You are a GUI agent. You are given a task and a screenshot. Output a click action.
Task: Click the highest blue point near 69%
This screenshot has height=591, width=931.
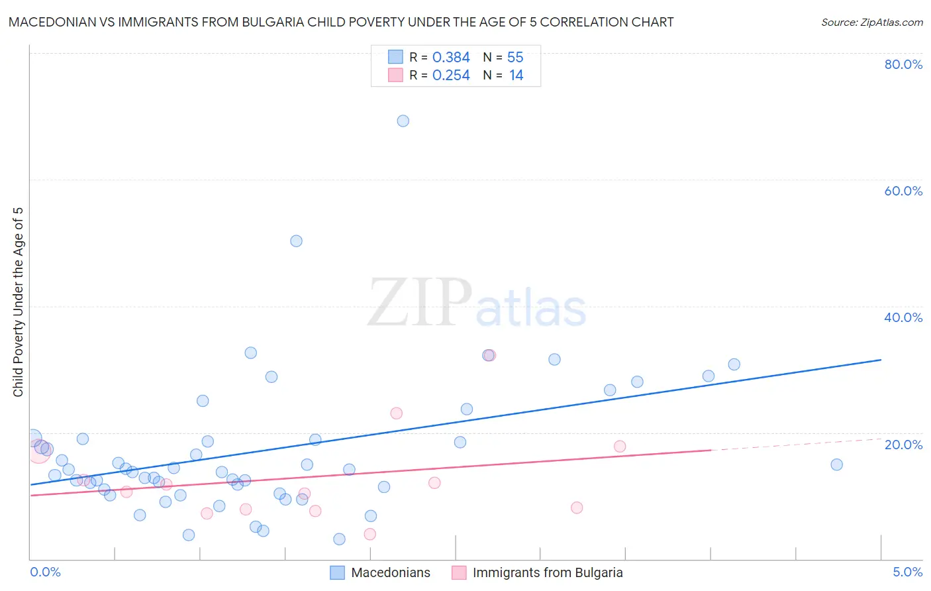(403, 121)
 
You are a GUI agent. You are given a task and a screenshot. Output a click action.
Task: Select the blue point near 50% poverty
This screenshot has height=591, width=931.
(296, 241)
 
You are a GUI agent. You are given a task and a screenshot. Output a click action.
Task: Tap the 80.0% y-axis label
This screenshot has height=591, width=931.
(903, 64)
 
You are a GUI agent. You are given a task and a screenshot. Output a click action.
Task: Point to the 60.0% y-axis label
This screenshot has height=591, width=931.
(903, 191)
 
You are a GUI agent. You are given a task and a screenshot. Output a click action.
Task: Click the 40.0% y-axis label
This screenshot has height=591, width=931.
(903, 317)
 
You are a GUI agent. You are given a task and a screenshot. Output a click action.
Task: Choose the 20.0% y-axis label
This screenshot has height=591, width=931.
(903, 444)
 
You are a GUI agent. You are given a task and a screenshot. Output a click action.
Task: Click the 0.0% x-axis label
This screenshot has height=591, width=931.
(45, 572)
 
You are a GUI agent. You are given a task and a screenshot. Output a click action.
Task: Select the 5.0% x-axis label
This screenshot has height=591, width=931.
(907, 572)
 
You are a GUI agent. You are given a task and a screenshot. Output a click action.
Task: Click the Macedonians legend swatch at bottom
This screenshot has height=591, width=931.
(337, 572)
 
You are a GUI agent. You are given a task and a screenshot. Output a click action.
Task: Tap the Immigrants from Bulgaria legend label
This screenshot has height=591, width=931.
(548, 572)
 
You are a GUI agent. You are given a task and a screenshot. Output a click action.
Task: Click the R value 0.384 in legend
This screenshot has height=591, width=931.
(451, 58)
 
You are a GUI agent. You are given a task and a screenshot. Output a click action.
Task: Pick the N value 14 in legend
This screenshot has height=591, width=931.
(516, 76)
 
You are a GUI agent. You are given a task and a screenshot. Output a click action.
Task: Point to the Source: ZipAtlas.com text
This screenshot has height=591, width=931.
(871, 22)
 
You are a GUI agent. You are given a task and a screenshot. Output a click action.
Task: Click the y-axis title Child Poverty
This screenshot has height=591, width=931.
(18, 301)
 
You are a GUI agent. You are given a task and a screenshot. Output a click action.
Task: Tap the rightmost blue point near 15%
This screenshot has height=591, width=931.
(836, 464)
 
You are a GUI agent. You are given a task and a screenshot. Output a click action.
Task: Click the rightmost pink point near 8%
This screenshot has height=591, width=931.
(576, 508)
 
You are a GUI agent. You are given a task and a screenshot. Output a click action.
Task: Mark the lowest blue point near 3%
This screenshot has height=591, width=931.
(339, 539)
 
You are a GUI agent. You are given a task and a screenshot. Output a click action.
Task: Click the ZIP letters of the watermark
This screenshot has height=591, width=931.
(419, 303)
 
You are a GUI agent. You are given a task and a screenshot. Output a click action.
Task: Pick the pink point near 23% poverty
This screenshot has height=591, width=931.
(396, 413)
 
